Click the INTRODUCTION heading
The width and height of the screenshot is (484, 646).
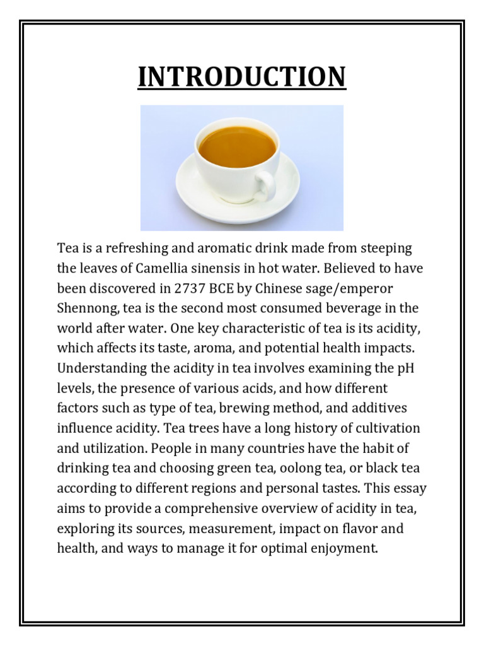[x=241, y=77]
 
